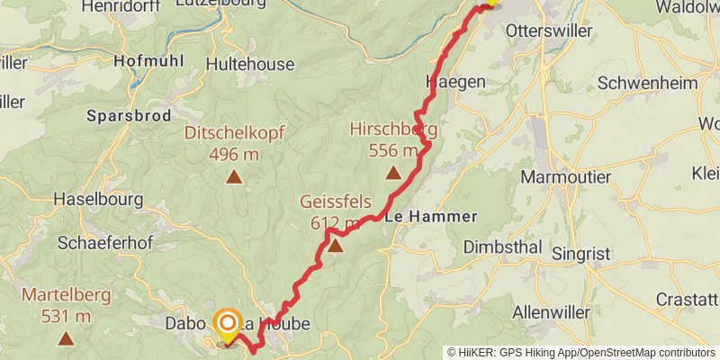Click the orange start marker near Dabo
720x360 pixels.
coord(227,323)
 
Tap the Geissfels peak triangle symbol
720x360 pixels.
coord(335,245)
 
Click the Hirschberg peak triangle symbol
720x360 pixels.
coord(392,173)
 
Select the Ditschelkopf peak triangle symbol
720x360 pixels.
coord(233,176)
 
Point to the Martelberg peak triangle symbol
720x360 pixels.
coord(66,338)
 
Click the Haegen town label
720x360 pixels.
coord(455,82)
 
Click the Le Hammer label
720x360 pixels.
coord(428,217)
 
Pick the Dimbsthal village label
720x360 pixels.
coord(502,247)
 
